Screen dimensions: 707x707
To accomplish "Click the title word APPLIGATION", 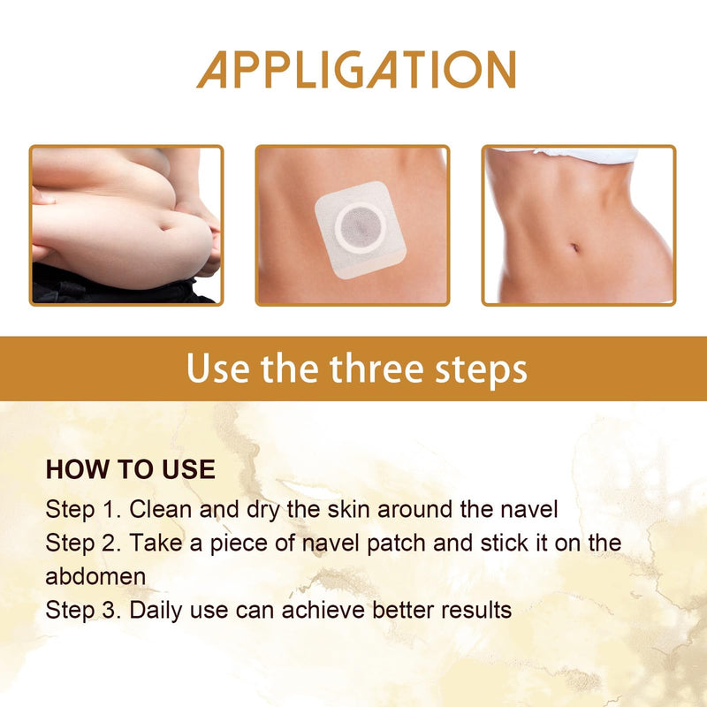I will pos(355,69).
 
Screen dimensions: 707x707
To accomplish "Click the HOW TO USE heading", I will pos(130,469).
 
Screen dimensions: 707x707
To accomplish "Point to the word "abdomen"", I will pos(95,576).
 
